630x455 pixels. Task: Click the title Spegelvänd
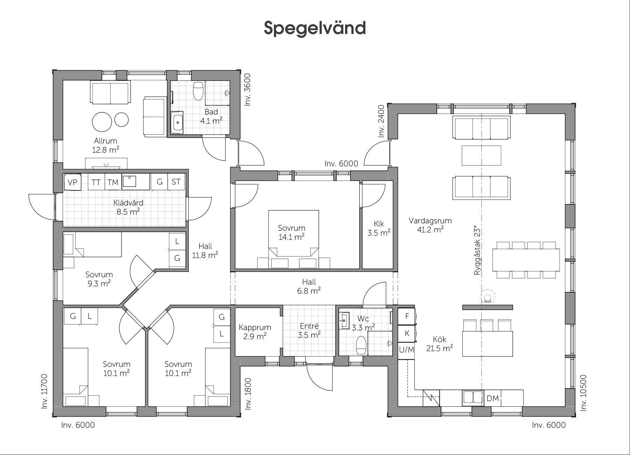click(315, 28)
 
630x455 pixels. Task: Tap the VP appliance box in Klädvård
click(73, 182)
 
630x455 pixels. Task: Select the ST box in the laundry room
click(176, 182)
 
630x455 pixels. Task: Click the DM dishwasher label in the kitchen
click(492, 398)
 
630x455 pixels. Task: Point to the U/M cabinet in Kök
click(406, 350)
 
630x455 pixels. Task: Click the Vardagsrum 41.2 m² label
click(430, 225)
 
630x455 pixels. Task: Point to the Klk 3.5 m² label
click(379, 228)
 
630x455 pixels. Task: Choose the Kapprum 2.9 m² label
click(255, 332)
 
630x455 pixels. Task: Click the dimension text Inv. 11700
click(44, 391)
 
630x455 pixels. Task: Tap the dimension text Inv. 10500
click(583, 393)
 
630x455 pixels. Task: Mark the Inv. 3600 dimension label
click(247, 90)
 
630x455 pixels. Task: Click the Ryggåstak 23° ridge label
click(477, 250)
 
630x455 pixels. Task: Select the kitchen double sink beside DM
click(473, 398)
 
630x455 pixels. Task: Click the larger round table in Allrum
click(102, 122)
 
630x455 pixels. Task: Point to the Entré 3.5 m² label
click(309, 330)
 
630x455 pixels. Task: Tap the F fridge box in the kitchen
click(407, 316)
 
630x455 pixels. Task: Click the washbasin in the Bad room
click(177, 122)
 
